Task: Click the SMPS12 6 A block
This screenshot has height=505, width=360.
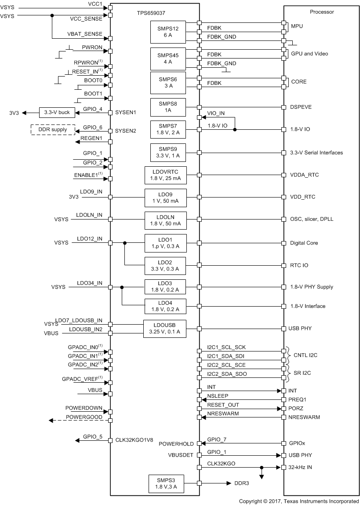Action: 168,32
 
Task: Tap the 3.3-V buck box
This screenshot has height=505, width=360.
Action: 57,112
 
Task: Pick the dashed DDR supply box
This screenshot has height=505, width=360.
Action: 53,130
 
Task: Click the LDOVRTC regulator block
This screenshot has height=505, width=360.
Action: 165,175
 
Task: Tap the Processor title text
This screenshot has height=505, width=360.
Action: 322,12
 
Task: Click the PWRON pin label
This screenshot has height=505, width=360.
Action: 92,47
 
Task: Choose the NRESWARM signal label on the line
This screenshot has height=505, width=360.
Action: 223,413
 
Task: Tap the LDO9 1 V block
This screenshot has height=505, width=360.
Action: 165,198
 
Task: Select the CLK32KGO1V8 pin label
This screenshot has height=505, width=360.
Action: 134,439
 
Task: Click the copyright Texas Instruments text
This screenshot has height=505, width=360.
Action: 298,501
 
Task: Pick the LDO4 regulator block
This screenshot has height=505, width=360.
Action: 165,306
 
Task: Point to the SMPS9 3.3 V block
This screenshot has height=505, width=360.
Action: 168,153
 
